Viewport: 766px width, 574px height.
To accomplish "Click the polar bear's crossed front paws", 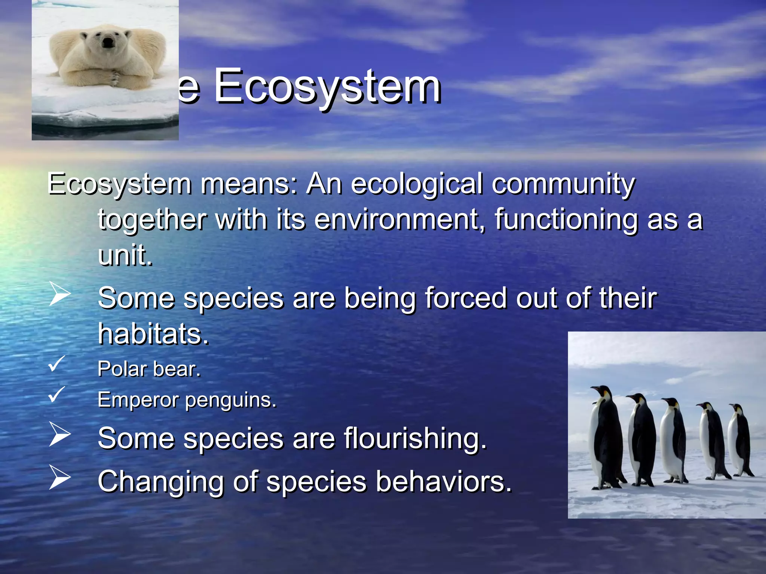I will click(x=112, y=77).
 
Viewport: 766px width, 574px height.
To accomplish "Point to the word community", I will click(x=563, y=184).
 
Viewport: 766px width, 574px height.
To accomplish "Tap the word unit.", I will click(x=125, y=255).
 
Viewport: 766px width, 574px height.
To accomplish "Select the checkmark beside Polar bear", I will click(x=57, y=364).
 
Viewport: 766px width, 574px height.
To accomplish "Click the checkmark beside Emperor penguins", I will click(x=57, y=395).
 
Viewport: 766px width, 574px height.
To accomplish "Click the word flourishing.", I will click(x=415, y=438).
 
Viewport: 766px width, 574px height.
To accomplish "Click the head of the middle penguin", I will click(x=672, y=404).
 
